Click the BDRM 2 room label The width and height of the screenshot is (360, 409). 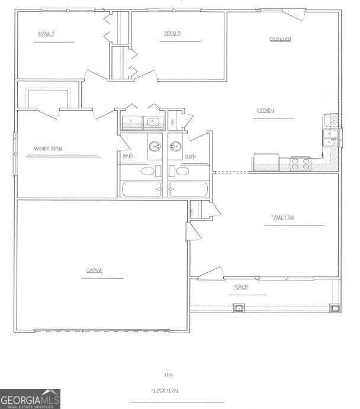46,34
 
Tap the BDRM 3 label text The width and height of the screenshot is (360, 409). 172,34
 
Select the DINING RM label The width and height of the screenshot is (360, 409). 280,39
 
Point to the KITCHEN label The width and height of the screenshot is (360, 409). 265,111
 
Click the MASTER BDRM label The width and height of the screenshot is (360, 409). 49,149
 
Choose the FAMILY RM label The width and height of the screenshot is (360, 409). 282,218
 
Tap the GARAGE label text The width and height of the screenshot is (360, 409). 95,270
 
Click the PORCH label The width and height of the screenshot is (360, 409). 240,287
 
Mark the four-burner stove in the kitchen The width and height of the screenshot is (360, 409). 301,163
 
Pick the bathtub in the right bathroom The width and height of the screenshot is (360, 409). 188,190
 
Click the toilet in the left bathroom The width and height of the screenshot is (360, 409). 148,172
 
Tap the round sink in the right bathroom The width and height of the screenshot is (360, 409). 176,146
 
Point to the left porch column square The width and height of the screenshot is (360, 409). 238,308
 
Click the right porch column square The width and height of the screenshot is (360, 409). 335,308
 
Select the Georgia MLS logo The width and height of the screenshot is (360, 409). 30,399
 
